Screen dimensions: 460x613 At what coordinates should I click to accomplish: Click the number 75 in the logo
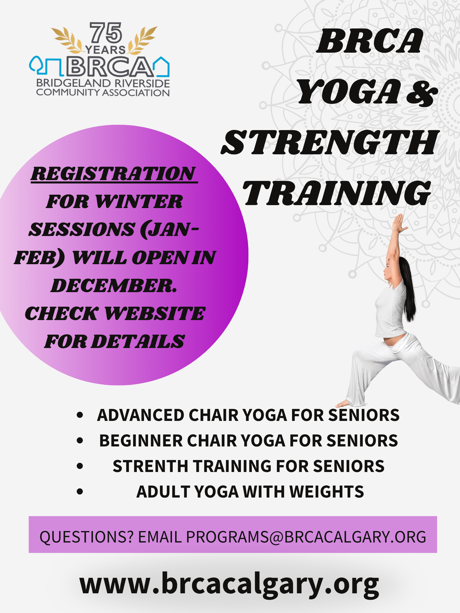106,33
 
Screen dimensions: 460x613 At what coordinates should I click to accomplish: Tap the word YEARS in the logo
105,49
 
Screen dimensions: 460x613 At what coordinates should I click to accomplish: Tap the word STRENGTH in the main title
330,143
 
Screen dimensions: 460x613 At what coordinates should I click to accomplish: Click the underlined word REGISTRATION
114,174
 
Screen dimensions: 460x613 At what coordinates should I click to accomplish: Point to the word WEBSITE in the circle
155,313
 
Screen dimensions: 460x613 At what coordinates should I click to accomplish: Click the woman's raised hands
400,222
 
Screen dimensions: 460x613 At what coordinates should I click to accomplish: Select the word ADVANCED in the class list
141,415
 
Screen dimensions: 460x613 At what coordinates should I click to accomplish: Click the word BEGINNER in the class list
141,441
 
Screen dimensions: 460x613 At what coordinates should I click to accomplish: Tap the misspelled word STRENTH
150,466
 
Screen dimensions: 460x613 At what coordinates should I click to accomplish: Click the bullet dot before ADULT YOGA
80,492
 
